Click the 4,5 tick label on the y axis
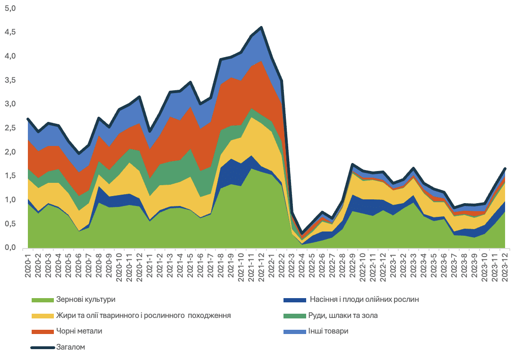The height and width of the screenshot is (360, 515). [x=10, y=32]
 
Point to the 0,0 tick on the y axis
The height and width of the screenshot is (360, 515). [x=10, y=248]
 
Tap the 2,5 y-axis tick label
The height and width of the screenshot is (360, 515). [x=10, y=128]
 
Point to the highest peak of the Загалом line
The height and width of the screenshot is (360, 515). [x=261, y=27]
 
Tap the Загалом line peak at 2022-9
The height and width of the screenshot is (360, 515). [x=353, y=164]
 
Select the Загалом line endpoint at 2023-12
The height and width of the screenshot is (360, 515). [x=505, y=169]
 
